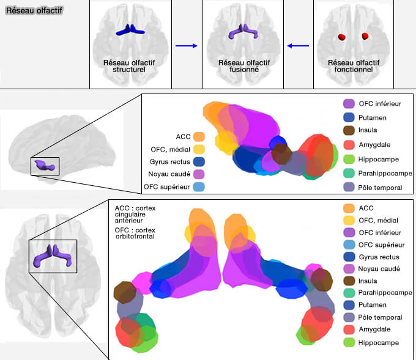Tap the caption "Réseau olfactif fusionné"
(x=239, y=66)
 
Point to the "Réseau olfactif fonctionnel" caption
(x=352, y=66)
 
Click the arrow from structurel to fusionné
(x=185, y=45)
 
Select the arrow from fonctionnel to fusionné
(x=299, y=45)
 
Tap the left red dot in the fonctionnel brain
(x=341, y=37)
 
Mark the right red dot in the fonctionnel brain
(x=365, y=36)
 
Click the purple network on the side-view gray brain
(x=45, y=164)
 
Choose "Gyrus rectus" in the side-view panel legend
(x=170, y=161)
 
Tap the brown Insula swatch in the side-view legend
(x=349, y=130)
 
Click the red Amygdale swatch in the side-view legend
(x=349, y=144)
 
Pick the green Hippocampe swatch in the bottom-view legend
(x=349, y=343)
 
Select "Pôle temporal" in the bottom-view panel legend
(x=381, y=317)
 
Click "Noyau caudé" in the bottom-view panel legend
(x=379, y=268)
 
